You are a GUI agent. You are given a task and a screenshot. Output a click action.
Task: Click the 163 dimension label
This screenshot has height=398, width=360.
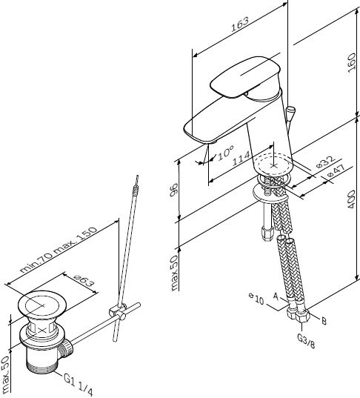(240, 24)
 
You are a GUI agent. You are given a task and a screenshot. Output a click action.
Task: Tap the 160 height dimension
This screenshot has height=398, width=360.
(352, 63)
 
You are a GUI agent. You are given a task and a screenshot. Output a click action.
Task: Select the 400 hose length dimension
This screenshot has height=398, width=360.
(351, 199)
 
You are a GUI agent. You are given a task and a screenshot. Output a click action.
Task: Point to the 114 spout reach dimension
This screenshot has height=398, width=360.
(241, 159)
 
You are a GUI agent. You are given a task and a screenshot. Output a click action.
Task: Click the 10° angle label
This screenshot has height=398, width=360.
(225, 152)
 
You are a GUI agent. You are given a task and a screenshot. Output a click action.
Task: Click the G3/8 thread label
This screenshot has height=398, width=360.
(306, 341)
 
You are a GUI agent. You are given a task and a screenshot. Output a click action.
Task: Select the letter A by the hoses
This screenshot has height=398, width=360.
(276, 296)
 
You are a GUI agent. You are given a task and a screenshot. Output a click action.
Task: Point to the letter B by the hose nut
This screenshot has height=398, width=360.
(324, 321)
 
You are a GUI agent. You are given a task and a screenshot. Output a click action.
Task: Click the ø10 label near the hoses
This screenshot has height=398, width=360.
(256, 299)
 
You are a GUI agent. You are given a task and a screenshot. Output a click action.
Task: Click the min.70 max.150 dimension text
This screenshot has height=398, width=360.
(59, 250)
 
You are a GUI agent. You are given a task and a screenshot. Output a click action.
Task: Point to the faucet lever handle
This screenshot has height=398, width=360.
(245, 76)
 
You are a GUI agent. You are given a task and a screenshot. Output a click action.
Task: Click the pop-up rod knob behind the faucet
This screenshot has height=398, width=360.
(290, 111)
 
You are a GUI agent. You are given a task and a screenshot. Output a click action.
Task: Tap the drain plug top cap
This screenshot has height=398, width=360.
(42, 304)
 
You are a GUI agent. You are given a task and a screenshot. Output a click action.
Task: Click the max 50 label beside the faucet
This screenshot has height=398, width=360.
(175, 273)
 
